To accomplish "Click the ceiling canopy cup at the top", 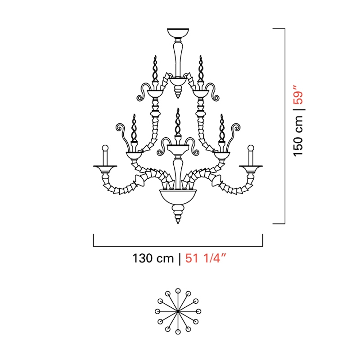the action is (178, 32).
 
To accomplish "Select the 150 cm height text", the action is (298, 136).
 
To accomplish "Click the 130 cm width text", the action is (153, 258).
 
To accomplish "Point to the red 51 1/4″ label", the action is (206, 258).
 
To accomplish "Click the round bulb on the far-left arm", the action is (105, 148).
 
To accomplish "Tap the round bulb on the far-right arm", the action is (251, 148).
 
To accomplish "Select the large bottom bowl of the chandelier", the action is (178, 197).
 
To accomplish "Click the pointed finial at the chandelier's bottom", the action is (178, 214).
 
